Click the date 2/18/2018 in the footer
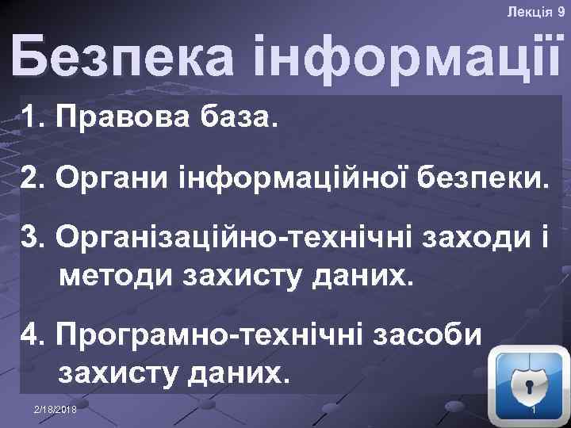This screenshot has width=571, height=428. coord(56,407)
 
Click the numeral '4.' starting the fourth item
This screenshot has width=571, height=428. coord(35,334)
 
